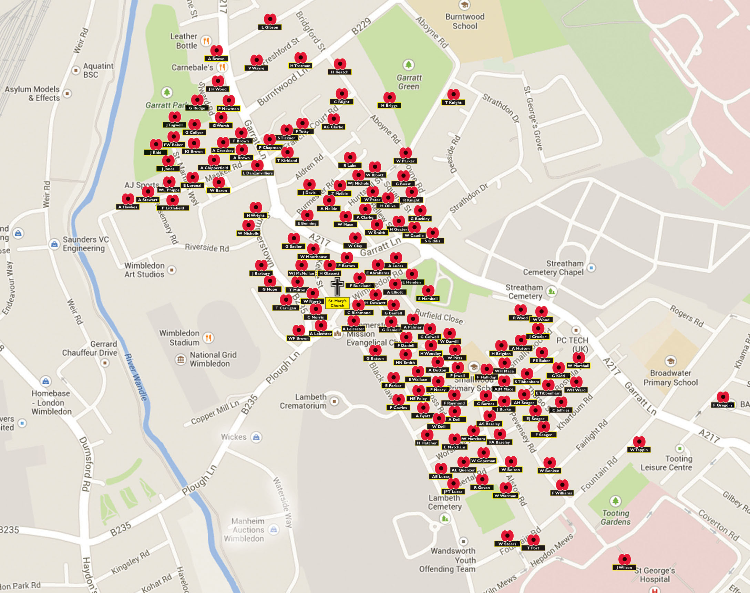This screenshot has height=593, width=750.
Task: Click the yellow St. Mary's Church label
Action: pos(337,303)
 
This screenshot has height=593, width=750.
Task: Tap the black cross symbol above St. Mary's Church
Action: pos(337,286)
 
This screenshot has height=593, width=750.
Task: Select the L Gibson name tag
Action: pos(270,27)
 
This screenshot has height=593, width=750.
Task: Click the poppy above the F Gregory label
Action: pos(723,397)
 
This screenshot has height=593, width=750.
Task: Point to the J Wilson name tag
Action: pos(624,568)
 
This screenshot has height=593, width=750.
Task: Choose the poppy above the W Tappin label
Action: pos(639,441)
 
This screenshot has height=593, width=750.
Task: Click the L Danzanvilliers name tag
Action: pos(257,173)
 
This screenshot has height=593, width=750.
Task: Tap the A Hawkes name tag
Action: pos(128,207)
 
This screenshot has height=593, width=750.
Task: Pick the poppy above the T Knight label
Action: pos(453,94)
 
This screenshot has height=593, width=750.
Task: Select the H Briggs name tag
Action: pos(389,105)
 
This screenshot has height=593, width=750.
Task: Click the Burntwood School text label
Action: pos(464,21)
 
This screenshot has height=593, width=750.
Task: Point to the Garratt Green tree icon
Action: pos(409,65)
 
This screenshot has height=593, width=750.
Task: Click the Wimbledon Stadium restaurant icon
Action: pos(208,337)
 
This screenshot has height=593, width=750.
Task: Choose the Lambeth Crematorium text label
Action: pos(303,401)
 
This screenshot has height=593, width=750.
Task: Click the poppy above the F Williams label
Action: pos(562,485)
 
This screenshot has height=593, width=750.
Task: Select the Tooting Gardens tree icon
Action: pos(615,501)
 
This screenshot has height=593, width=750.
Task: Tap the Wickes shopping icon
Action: pos(256,437)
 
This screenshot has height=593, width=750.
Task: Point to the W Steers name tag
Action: pos(507,544)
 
